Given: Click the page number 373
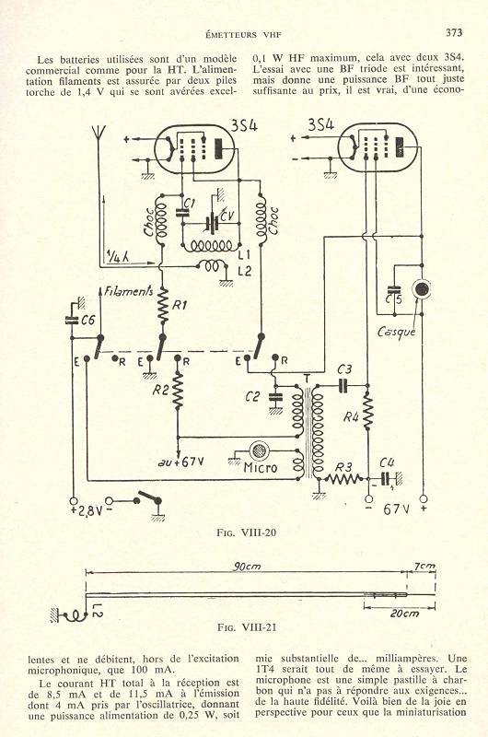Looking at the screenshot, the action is pyautogui.click(x=454, y=32).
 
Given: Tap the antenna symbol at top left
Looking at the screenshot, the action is pyautogui.click(x=99, y=133).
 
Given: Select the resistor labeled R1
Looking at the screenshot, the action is pyautogui.click(x=162, y=306).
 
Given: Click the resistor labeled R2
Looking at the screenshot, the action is pyautogui.click(x=178, y=392).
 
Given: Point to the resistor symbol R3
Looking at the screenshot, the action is pyautogui.click(x=344, y=479).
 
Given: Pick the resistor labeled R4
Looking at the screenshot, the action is pyautogui.click(x=367, y=412).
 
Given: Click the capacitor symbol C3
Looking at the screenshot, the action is pyautogui.click(x=344, y=385).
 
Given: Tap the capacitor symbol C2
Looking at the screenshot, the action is pyautogui.click(x=275, y=397).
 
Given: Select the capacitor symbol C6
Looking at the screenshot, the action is pyautogui.click(x=72, y=320).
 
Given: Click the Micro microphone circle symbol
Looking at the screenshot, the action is pyautogui.click(x=258, y=451).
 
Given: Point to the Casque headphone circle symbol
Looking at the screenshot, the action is pyautogui.click(x=422, y=289).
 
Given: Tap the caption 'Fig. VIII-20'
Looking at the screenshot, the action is pyautogui.click(x=247, y=532).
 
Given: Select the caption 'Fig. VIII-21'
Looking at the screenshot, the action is pyautogui.click(x=247, y=627).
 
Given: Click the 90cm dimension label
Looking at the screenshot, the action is pyautogui.click(x=247, y=567).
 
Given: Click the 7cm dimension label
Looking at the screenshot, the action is pyautogui.click(x=424, y=566).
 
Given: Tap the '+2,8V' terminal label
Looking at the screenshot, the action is pyautogui.click(x=85, y=511).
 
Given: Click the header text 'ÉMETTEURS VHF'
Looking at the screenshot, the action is pyautogui.click(x=243, y=34).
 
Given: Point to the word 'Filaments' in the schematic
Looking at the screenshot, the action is pyautogui.click(x=128, y=291).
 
